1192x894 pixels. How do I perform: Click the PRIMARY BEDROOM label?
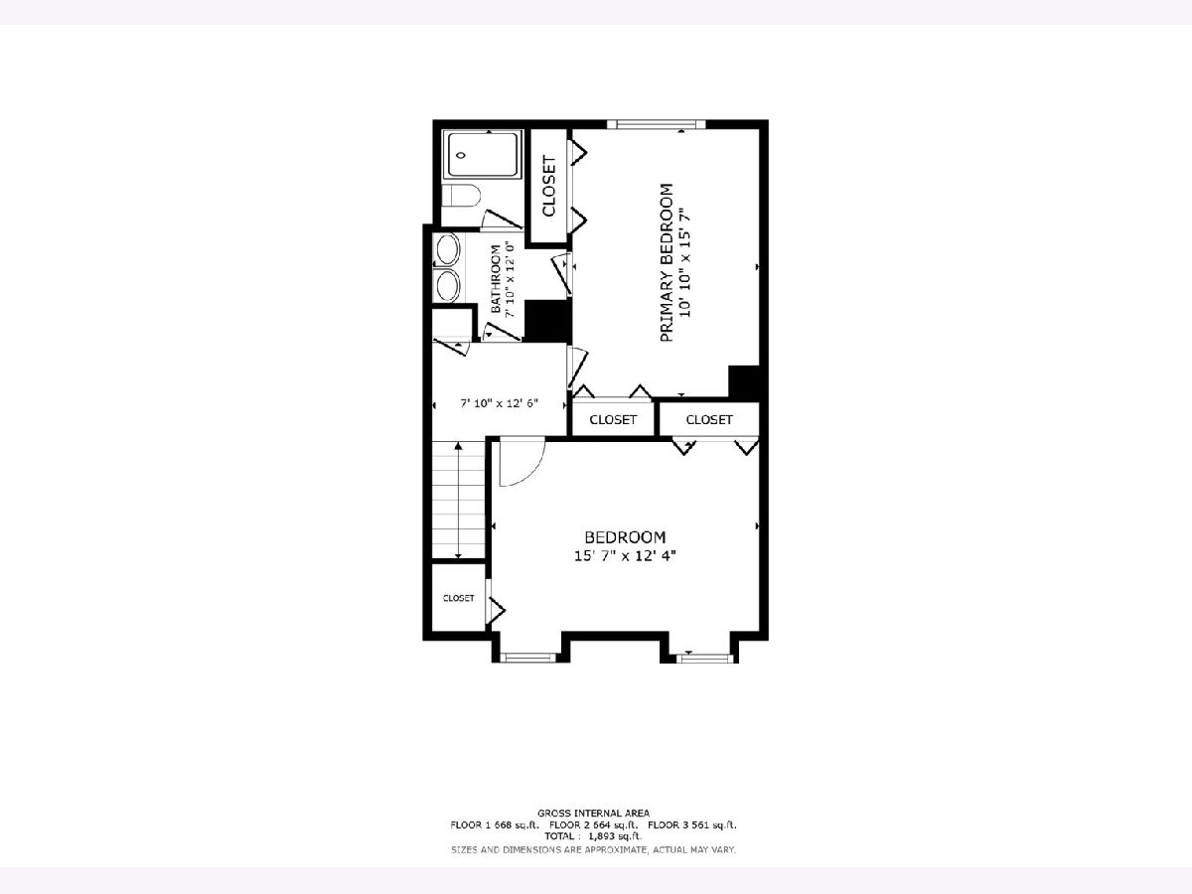(667, 262)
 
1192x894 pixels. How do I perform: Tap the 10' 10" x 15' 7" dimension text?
(685, 262)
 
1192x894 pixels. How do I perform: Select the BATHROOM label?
(496, 279)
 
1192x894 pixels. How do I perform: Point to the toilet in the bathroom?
(461, 196)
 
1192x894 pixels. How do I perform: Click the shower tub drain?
(461, 155)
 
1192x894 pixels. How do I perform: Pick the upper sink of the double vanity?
(448, 249)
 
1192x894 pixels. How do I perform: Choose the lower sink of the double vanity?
(448, 285)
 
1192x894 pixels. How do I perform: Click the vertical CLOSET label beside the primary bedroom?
(549, 186)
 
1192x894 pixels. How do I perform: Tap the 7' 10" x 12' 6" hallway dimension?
(499, 403)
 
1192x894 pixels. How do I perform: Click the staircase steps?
(458, 500)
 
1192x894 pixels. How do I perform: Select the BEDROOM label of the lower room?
(625, 537)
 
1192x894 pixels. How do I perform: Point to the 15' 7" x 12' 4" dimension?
(625, 556)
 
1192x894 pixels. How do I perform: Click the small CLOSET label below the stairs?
(458, 598)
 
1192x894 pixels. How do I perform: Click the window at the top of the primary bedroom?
(656, 124)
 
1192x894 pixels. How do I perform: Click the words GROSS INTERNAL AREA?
(593, 814)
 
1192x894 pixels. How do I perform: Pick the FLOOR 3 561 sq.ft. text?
(692, 825)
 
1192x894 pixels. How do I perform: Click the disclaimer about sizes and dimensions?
(593, 849)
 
